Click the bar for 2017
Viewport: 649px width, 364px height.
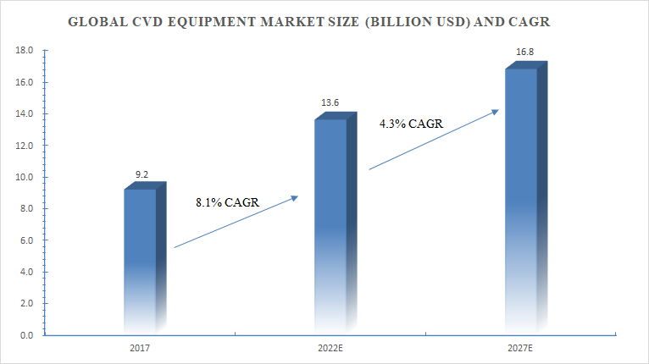point(141,258)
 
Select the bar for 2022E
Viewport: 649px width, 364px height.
point(331,224)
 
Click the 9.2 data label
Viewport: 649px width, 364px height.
point(142,175)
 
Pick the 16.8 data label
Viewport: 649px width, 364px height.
point(525,52)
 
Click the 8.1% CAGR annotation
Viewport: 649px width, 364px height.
point(226,201)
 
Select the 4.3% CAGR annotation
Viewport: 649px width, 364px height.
point(412,124)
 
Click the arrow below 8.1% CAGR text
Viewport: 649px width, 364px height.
point(236,222)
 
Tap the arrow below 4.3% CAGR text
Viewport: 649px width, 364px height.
point(432,140)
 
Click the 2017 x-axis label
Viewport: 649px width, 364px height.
point(141,348)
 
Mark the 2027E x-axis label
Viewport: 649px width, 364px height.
point(521,348)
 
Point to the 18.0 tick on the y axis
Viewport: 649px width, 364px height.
point(25,51)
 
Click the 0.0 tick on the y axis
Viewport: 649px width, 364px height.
point(27,335)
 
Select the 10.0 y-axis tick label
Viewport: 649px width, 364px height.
point(25,177)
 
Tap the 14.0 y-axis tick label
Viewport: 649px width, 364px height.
point(25,113)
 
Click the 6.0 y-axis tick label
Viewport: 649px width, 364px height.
point(27,240)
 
